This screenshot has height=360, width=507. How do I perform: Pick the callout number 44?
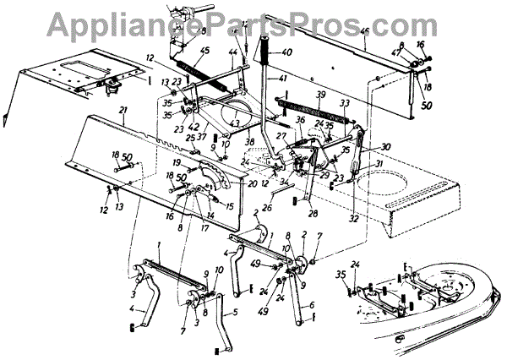[233, 52]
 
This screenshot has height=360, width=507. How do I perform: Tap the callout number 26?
[266, 205]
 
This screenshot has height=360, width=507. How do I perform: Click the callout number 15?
[230, 205]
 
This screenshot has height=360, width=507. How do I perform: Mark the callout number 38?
[250, 142]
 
